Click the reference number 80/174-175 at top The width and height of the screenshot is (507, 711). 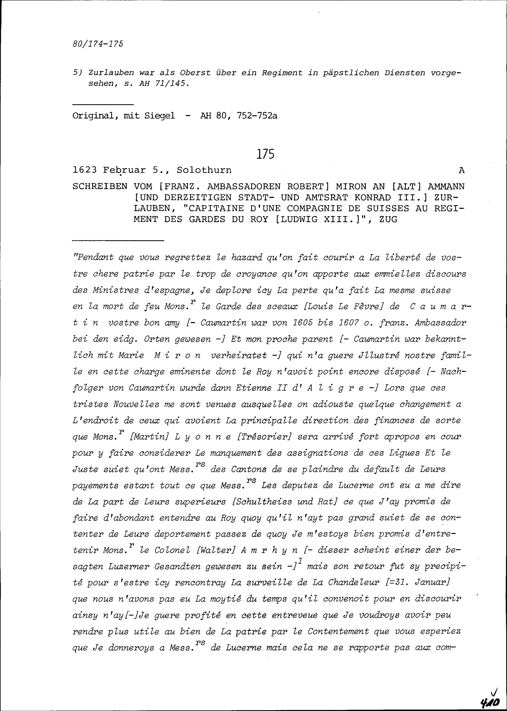pos(98,43)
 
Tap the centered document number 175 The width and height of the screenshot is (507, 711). pos(265,154)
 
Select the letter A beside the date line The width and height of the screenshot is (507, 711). pos(462,170)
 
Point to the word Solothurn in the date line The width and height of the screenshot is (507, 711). pos(204,170)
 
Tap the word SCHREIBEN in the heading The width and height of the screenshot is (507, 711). pos(100,187)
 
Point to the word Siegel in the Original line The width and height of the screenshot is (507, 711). pos(159,116)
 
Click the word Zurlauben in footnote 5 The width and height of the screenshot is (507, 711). pos(111,73)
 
